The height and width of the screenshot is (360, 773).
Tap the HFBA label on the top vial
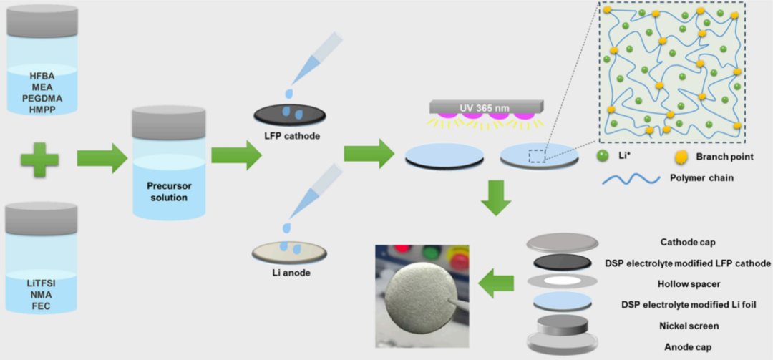click(x=42, y=75)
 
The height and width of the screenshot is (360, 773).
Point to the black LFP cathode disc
click(x=291, y=115)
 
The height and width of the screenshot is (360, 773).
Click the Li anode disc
click(x=290, y=251)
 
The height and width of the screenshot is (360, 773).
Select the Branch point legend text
click(x=724, y=155)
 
